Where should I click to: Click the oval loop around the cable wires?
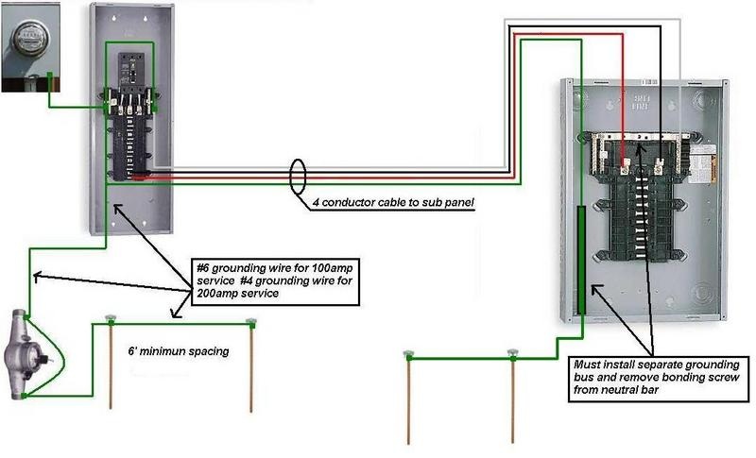pyautogui.click(x=299, y=178)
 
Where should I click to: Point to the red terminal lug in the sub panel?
pyautogui.click(x=626, y=173)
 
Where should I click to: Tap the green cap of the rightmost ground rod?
pyautogui.click(x=513, y=353)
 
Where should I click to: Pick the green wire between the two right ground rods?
pyautogui.click(x=461, y=358)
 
